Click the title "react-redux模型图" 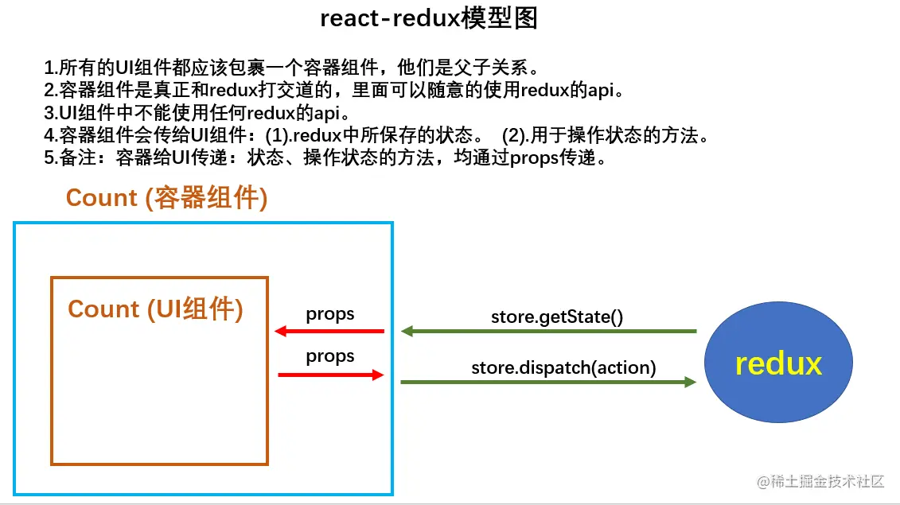(429, 17)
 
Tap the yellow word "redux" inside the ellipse (778, 363)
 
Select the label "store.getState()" (556, 316)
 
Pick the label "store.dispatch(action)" (563, 367)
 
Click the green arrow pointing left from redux (549, 331)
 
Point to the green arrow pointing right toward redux (549, 383)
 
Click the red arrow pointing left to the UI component (329, 331)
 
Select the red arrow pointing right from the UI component (331, 375)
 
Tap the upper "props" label (329, 314)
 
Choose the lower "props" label (329, 356)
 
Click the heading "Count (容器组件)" (166, 198)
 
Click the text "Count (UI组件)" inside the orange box (155, 309)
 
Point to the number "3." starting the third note (51, 112)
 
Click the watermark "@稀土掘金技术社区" (820, 481)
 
